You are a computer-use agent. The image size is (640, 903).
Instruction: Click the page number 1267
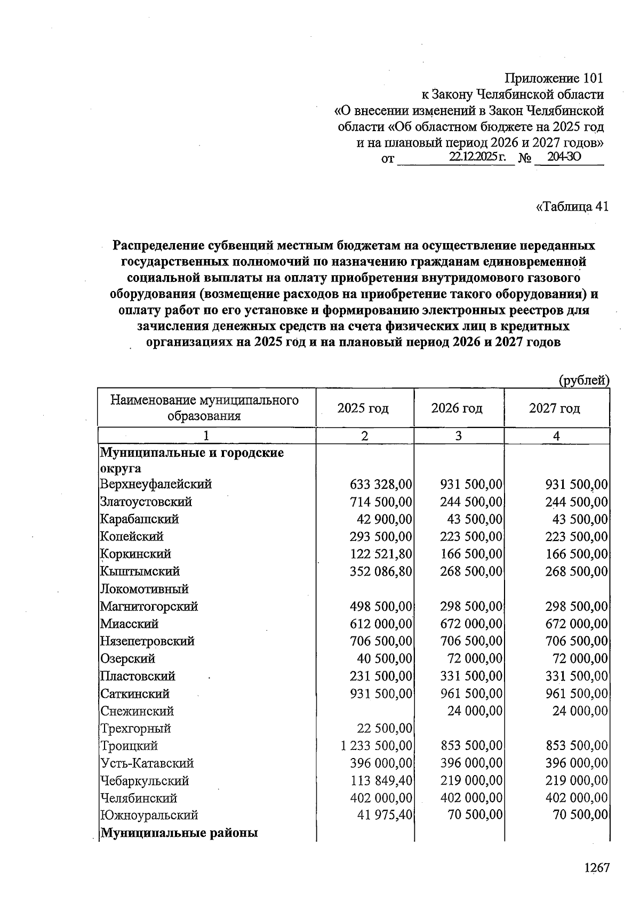tap(596, 867)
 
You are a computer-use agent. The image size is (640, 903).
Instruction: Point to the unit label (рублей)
tap(583, 380)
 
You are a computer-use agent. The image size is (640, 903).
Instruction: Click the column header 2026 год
tap(457, 408)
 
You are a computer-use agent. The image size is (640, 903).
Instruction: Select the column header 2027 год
tap(555, 408)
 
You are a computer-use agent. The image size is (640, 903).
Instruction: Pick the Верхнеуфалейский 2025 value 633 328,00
tap(381, 484)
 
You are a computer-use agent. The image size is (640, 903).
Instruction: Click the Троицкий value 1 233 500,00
tap(377, 746)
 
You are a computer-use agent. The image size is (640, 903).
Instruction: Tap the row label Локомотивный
tap(144, 589)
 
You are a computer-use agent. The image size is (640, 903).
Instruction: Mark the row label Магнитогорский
tap(149, 607)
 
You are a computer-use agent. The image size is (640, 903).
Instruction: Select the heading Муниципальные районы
tap(179, 833)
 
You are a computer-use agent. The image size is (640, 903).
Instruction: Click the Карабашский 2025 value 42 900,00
tap(384, 519)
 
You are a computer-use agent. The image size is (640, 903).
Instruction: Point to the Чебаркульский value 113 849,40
tap(381, 780)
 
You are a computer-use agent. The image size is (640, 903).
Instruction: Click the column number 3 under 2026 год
tap(458, 436)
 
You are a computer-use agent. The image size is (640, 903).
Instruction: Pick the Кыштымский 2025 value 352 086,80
tap(381, 571)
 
